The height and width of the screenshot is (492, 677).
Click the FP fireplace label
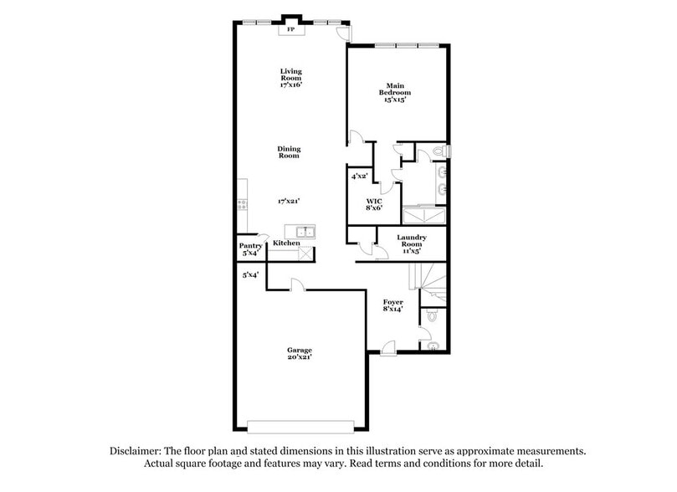point(291,30)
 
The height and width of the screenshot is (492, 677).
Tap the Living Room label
point(290,78)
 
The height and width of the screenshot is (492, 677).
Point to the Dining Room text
point(289,152)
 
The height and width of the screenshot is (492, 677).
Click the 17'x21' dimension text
point(289,201)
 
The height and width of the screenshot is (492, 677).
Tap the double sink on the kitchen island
point(303,231)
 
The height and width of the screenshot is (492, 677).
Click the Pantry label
point(251,249)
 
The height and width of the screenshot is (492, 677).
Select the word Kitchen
point(286,243)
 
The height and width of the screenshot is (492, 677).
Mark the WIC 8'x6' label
point(374,205)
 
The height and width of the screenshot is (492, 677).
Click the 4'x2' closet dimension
point(360,177)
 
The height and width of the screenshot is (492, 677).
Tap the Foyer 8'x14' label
point(393,305)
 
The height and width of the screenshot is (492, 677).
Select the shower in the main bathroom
point(424,213)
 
